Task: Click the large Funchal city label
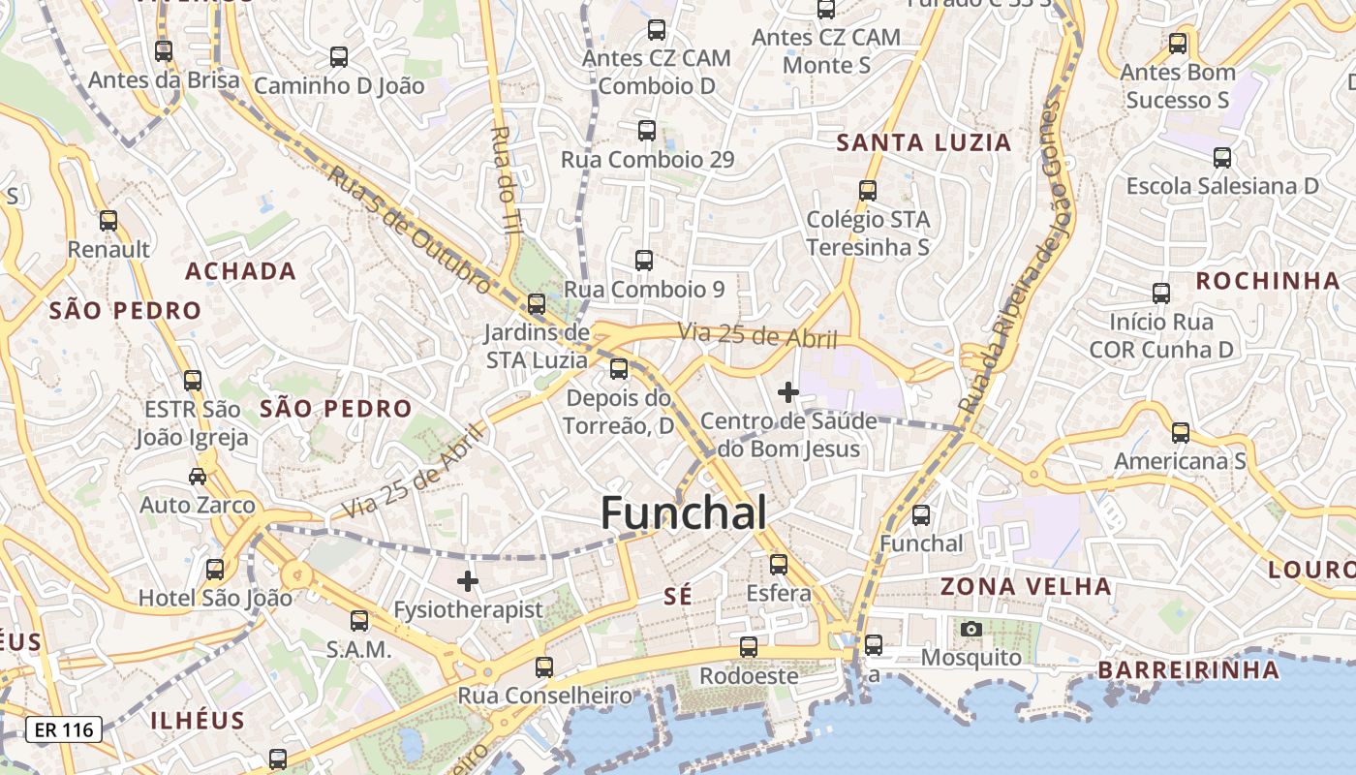(x=684, y=512)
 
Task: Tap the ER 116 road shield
(x=64, y=729)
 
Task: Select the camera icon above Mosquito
(x=971, y=630)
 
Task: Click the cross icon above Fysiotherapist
(x=468, y=581)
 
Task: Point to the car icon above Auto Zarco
(x=198, y=477)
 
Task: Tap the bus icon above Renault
(x=108, y=221)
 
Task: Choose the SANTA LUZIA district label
(x=923, y=143)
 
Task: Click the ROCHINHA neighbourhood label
(x=1267, y=281)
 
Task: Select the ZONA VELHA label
(x=1026, y=586)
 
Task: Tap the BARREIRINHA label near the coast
(x=1188, y=669)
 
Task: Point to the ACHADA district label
(x=240, y=271)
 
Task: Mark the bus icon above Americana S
(x=1181, y=433)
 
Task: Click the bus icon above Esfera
(x=779, y=565)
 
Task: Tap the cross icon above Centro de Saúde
(x=788, y=392)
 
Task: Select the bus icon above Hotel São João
(x=215, y=570)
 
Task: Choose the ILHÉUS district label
(x=198, y=721)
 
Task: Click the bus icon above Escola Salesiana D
(x=1222, y=158)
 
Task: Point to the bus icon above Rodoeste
(x=749, y=647)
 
